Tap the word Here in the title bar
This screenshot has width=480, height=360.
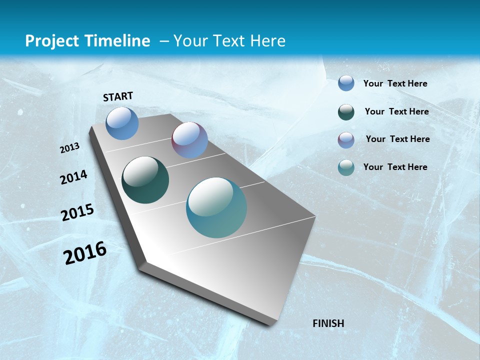(267, 41)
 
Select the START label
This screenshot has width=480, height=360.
(118, 96)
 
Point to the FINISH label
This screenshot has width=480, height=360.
(328, 323)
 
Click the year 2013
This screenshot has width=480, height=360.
(70, 148)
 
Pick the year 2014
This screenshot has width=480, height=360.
(73, 177)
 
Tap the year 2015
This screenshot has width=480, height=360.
(77, 212)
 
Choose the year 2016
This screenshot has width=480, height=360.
(85, 253)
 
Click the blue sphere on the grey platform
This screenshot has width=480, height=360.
(122, 123)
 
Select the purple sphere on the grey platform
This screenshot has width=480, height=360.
(189, 140)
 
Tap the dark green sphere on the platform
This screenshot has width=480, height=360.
(145, 180)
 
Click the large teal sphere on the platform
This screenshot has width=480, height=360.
(216, 207)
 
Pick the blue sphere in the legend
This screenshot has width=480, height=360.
(346, 83)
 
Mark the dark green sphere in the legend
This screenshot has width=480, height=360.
(346, 112)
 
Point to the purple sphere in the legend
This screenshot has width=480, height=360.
(346, 140)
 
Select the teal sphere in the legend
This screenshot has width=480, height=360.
(346, 167)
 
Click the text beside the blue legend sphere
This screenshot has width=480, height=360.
(395, 83)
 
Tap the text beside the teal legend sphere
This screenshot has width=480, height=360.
(395, 167)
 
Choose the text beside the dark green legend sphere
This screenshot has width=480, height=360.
(396, 111)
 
